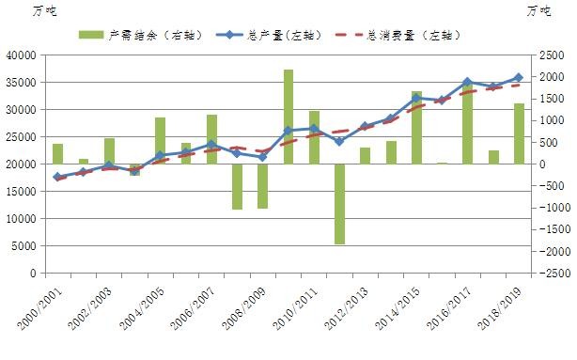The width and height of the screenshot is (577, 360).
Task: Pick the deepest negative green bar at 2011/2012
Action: [339, 204]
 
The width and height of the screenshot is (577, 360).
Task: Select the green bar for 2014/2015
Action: [416, 128]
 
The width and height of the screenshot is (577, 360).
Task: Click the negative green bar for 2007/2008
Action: [237, 186]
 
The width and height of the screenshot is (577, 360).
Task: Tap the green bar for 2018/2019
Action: [519, 133]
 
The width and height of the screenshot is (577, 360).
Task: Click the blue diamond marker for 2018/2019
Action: [519, 78]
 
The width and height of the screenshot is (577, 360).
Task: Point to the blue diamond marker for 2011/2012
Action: [339, 142]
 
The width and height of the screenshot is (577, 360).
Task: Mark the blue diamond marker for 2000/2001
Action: [57, 177]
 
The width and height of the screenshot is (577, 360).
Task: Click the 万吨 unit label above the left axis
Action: [45, 10]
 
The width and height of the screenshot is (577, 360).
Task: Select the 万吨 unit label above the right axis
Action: [539, 10]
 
